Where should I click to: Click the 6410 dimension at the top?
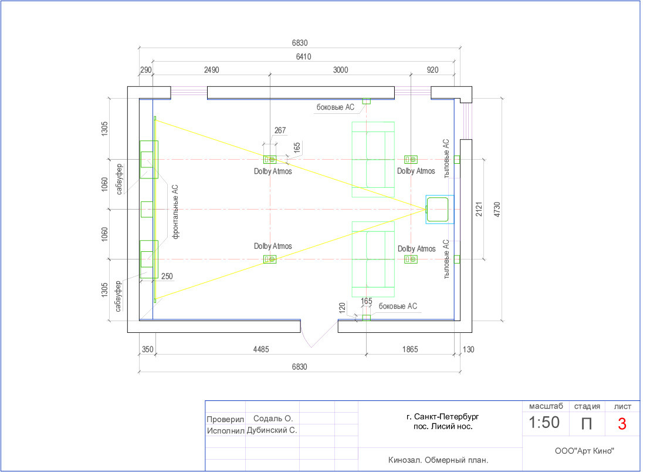303,56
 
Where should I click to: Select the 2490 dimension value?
211,70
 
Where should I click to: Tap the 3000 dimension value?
340,70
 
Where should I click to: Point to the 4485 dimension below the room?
260,349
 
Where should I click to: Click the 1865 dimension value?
410,349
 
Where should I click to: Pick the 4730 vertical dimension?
497,209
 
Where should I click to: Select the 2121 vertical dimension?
479,209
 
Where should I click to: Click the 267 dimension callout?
280,130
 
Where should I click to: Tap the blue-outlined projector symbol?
439,209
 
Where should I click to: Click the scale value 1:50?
544,422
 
